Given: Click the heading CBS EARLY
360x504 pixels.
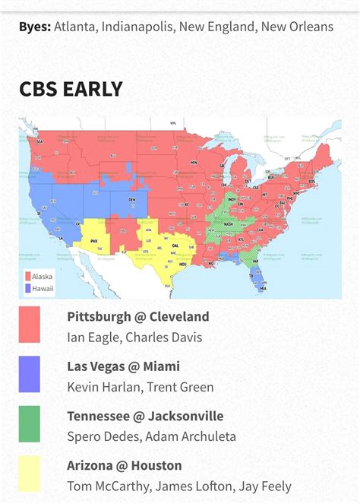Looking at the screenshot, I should tap(71, 89).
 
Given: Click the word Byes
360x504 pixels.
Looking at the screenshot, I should tap(35, 27).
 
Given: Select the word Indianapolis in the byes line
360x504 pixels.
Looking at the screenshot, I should tap(139, 27).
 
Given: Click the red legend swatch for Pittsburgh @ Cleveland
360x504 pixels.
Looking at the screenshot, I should tap(30, 325).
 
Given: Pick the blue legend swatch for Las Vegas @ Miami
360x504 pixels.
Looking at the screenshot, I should tap(30, 375).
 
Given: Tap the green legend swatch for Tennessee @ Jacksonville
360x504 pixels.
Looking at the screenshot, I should tap(30, 424).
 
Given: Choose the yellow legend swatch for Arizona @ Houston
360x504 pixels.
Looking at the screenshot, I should tap(30, 474).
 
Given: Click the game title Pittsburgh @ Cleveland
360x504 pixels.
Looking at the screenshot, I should tap(137, 317).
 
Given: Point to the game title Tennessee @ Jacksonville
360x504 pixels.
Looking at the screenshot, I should tap(145, 416).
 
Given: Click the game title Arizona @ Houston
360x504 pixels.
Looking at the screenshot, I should tap(125, 465).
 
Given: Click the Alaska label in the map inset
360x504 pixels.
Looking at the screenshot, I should tap(43, 277).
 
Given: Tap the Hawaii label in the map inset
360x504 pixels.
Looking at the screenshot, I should tap(43, 288).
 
